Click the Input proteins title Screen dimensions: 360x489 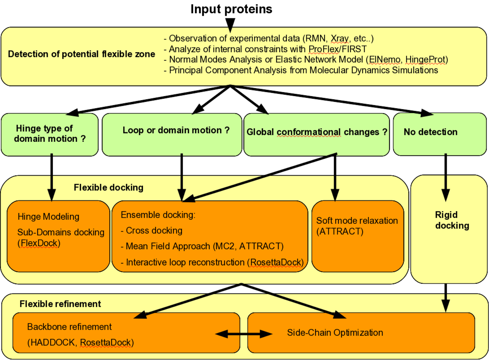(231, 9)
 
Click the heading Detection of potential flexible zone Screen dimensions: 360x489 (81, 54)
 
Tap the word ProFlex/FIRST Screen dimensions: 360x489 (337, 49)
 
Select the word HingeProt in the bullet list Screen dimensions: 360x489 (425, 59)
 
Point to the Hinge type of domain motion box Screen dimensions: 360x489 (50, 134)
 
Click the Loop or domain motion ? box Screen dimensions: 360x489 (175, 130)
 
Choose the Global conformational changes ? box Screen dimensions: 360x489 (316, 132)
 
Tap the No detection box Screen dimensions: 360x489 (430, 132)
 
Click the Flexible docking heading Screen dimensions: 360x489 (108, 188)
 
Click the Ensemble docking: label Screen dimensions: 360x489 (158, 215)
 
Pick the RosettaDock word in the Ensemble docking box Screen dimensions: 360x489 (276, 262)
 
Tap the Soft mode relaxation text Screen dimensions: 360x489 (357, 221)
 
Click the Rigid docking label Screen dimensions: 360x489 (452, 220)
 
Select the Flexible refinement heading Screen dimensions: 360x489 (60, 304)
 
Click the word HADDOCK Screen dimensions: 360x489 (53, 342)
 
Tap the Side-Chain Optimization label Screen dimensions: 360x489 (335, 333)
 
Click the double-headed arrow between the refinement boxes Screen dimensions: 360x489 (244, 334)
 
